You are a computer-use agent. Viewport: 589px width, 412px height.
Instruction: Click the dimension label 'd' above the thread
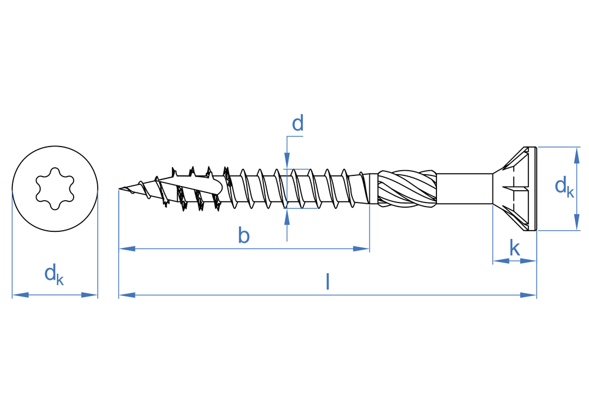coord(298,124)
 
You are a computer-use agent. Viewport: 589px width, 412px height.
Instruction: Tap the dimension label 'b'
coord(244,235)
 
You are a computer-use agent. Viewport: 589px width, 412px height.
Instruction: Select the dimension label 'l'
coord(327,282)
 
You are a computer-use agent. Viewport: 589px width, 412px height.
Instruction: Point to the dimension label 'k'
coord(514,248)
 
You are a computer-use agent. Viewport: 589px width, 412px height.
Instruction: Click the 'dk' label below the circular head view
coord(54,274)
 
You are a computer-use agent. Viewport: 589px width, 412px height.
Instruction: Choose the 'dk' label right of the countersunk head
coord(564,187)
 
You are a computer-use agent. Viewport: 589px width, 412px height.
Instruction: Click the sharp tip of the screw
coord(120,189)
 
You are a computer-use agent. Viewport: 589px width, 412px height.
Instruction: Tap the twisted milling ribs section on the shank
coord(406,188)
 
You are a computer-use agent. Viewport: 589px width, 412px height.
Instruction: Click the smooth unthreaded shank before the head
coord(464,188)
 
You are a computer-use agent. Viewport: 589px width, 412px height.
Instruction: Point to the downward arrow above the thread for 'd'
coord(287,161)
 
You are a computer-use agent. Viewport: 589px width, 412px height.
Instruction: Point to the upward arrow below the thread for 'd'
coord(287,217)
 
